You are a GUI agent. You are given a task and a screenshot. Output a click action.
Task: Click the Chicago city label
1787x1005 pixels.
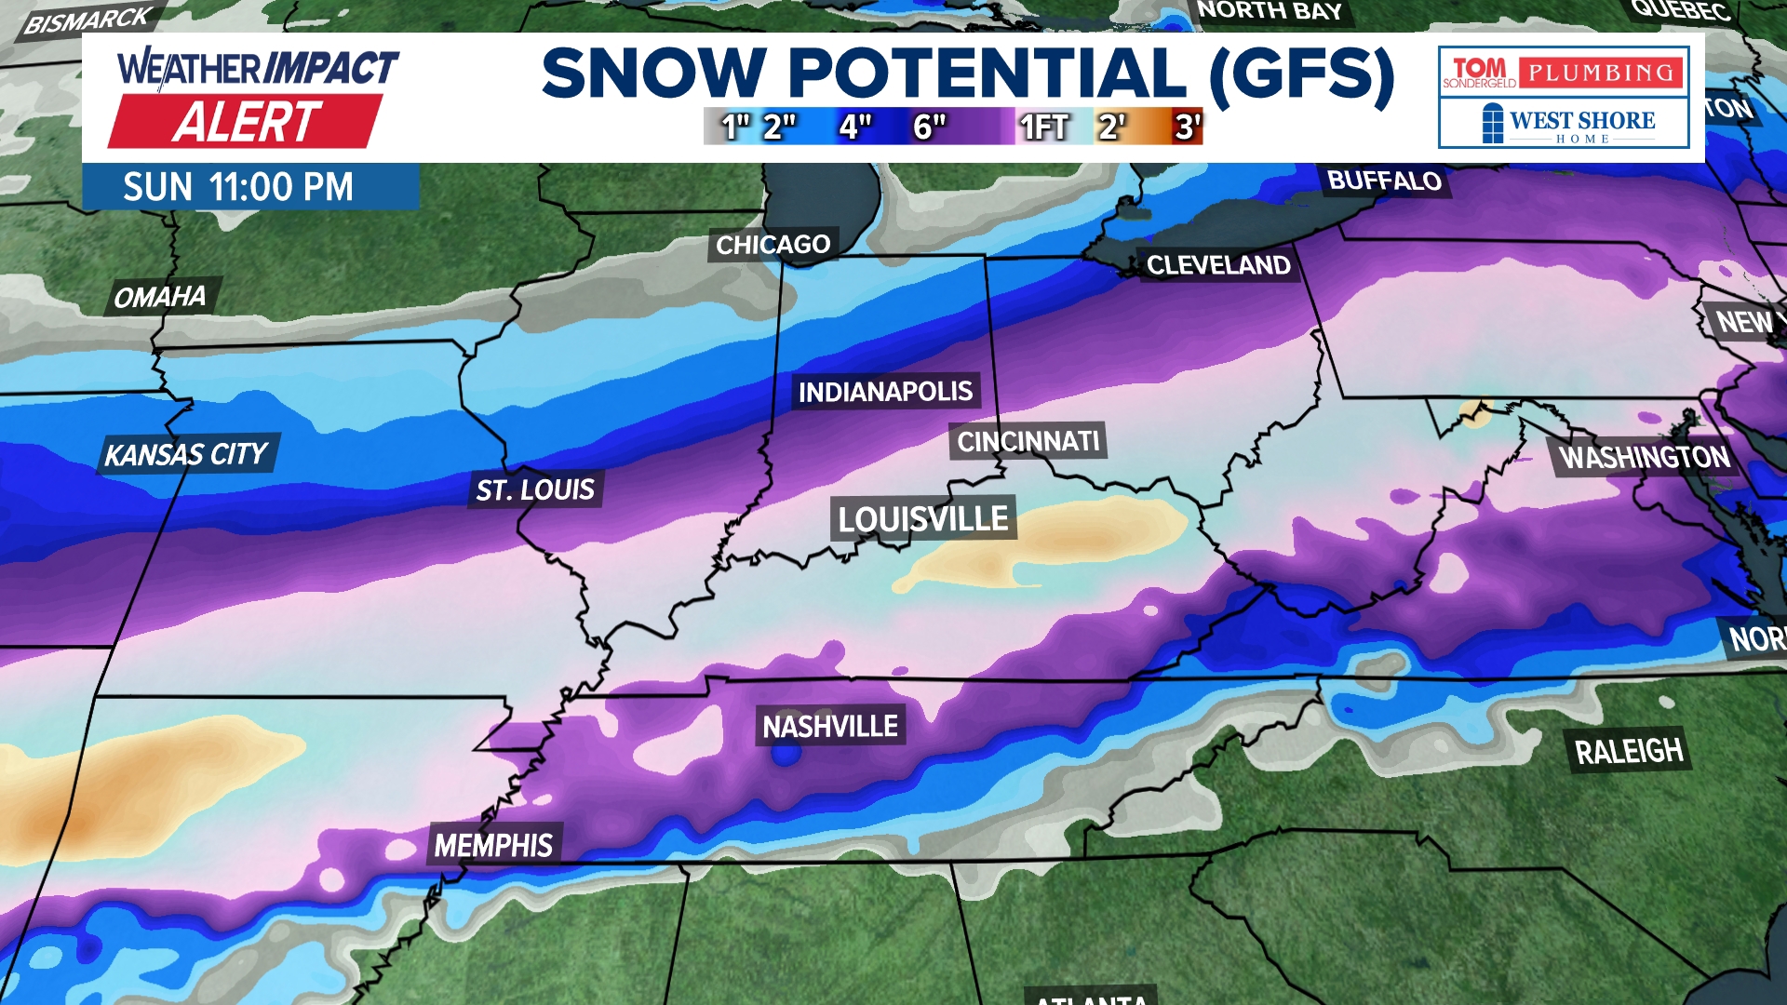tap(773, 245)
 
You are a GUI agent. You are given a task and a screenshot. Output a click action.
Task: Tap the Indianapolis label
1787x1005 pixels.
tap(885, 392)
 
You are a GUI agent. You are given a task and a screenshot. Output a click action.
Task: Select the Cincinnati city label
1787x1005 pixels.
tap(1028, 441)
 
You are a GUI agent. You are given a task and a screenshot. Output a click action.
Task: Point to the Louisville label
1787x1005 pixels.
tap(922, 518)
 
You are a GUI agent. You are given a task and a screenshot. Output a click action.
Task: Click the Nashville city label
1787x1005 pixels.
tap(830, 726)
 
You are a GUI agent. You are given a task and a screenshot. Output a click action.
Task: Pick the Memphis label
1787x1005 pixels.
tap(493, 845)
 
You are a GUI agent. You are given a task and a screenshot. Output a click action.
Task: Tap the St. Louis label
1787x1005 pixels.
tap(535, 489)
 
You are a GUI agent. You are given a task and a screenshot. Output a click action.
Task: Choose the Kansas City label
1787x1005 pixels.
tap(186, 454)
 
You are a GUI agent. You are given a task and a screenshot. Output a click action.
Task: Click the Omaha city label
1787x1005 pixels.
tap(160, 297)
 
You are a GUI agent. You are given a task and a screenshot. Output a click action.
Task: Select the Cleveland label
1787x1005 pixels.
tap(1217, 265)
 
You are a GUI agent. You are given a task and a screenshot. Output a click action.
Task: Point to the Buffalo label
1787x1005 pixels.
tap(1384, 181)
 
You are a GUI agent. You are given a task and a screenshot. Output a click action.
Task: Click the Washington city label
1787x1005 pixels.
tap(1644, 457)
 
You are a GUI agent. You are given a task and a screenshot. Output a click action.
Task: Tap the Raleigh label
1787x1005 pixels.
tap(1629, 751)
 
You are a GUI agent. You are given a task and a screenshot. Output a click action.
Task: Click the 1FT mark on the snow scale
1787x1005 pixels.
tap(1043, 127)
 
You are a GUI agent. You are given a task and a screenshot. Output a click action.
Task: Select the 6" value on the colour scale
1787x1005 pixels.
tap(929, 127)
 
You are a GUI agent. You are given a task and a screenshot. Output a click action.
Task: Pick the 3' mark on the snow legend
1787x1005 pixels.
tap(1187, 127)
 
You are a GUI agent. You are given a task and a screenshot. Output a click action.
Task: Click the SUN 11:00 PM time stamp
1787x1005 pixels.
tap(238, 187)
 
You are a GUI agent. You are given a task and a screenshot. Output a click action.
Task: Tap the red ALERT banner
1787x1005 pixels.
tap(247, 122)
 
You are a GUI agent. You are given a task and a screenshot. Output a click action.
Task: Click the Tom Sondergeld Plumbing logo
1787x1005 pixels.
tap(1564, 72)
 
